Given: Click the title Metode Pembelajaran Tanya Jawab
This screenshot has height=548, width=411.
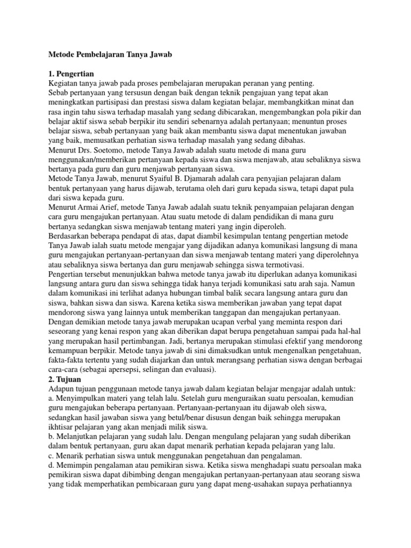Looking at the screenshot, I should (111, 55).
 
